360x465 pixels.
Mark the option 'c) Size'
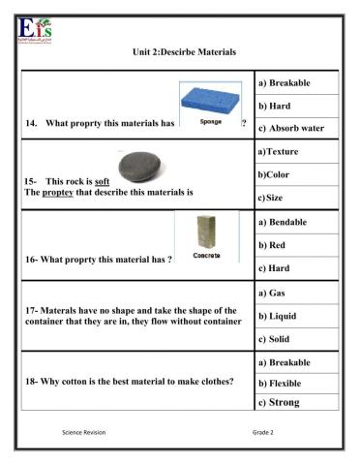click(x=276, y=199)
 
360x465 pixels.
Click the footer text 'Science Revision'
click(x=83, y=431)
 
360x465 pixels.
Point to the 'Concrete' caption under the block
click(x=207, y=256)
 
